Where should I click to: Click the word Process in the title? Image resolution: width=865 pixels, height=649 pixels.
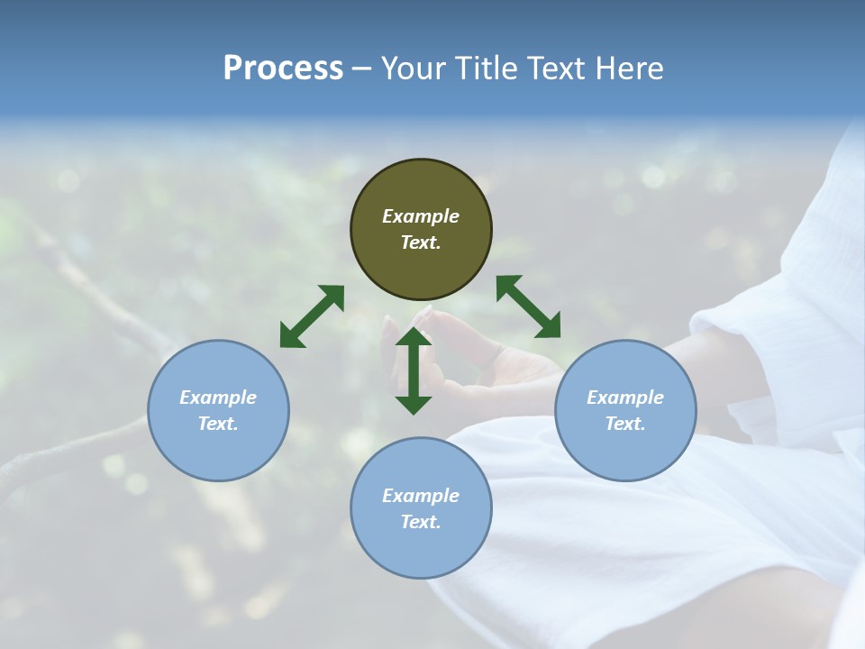283,69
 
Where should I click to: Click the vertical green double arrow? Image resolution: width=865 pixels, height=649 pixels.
414,370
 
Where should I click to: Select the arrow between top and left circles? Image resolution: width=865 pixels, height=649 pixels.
312,316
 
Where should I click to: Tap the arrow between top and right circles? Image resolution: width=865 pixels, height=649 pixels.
528,306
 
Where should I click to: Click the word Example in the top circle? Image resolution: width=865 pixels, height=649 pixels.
421,216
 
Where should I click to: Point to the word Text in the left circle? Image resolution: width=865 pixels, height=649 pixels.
218,424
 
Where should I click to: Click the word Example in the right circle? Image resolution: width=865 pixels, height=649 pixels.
625,398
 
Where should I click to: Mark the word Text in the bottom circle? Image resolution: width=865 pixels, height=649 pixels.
421,522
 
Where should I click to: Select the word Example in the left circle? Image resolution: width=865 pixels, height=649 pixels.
218,398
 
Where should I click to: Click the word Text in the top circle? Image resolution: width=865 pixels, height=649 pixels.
421,242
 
